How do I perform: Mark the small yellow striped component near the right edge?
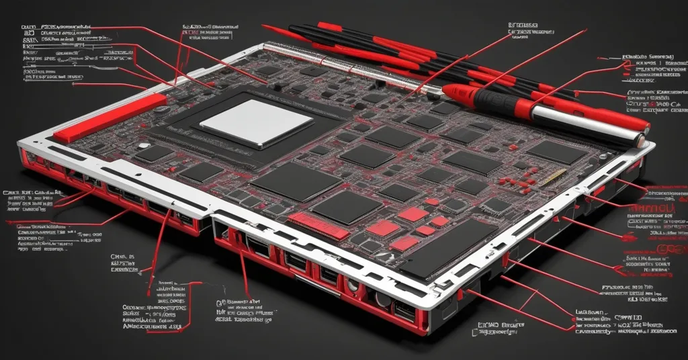556,177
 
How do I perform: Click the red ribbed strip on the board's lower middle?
318,226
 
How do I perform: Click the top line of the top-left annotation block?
57,28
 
